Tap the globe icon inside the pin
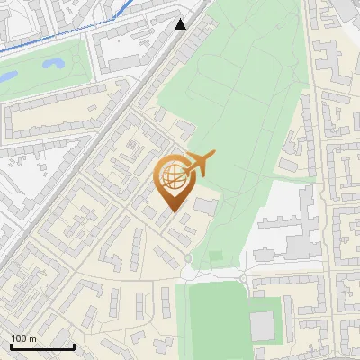tap(172, 176)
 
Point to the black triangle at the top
tap(181, 24)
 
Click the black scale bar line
tap(41, 346)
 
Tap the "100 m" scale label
tap(23, 338)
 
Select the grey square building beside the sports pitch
tap(262, 326)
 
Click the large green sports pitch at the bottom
tap(216, 319)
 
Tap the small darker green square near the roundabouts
tap(216, 256)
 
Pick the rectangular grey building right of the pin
tap(205, 207)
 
